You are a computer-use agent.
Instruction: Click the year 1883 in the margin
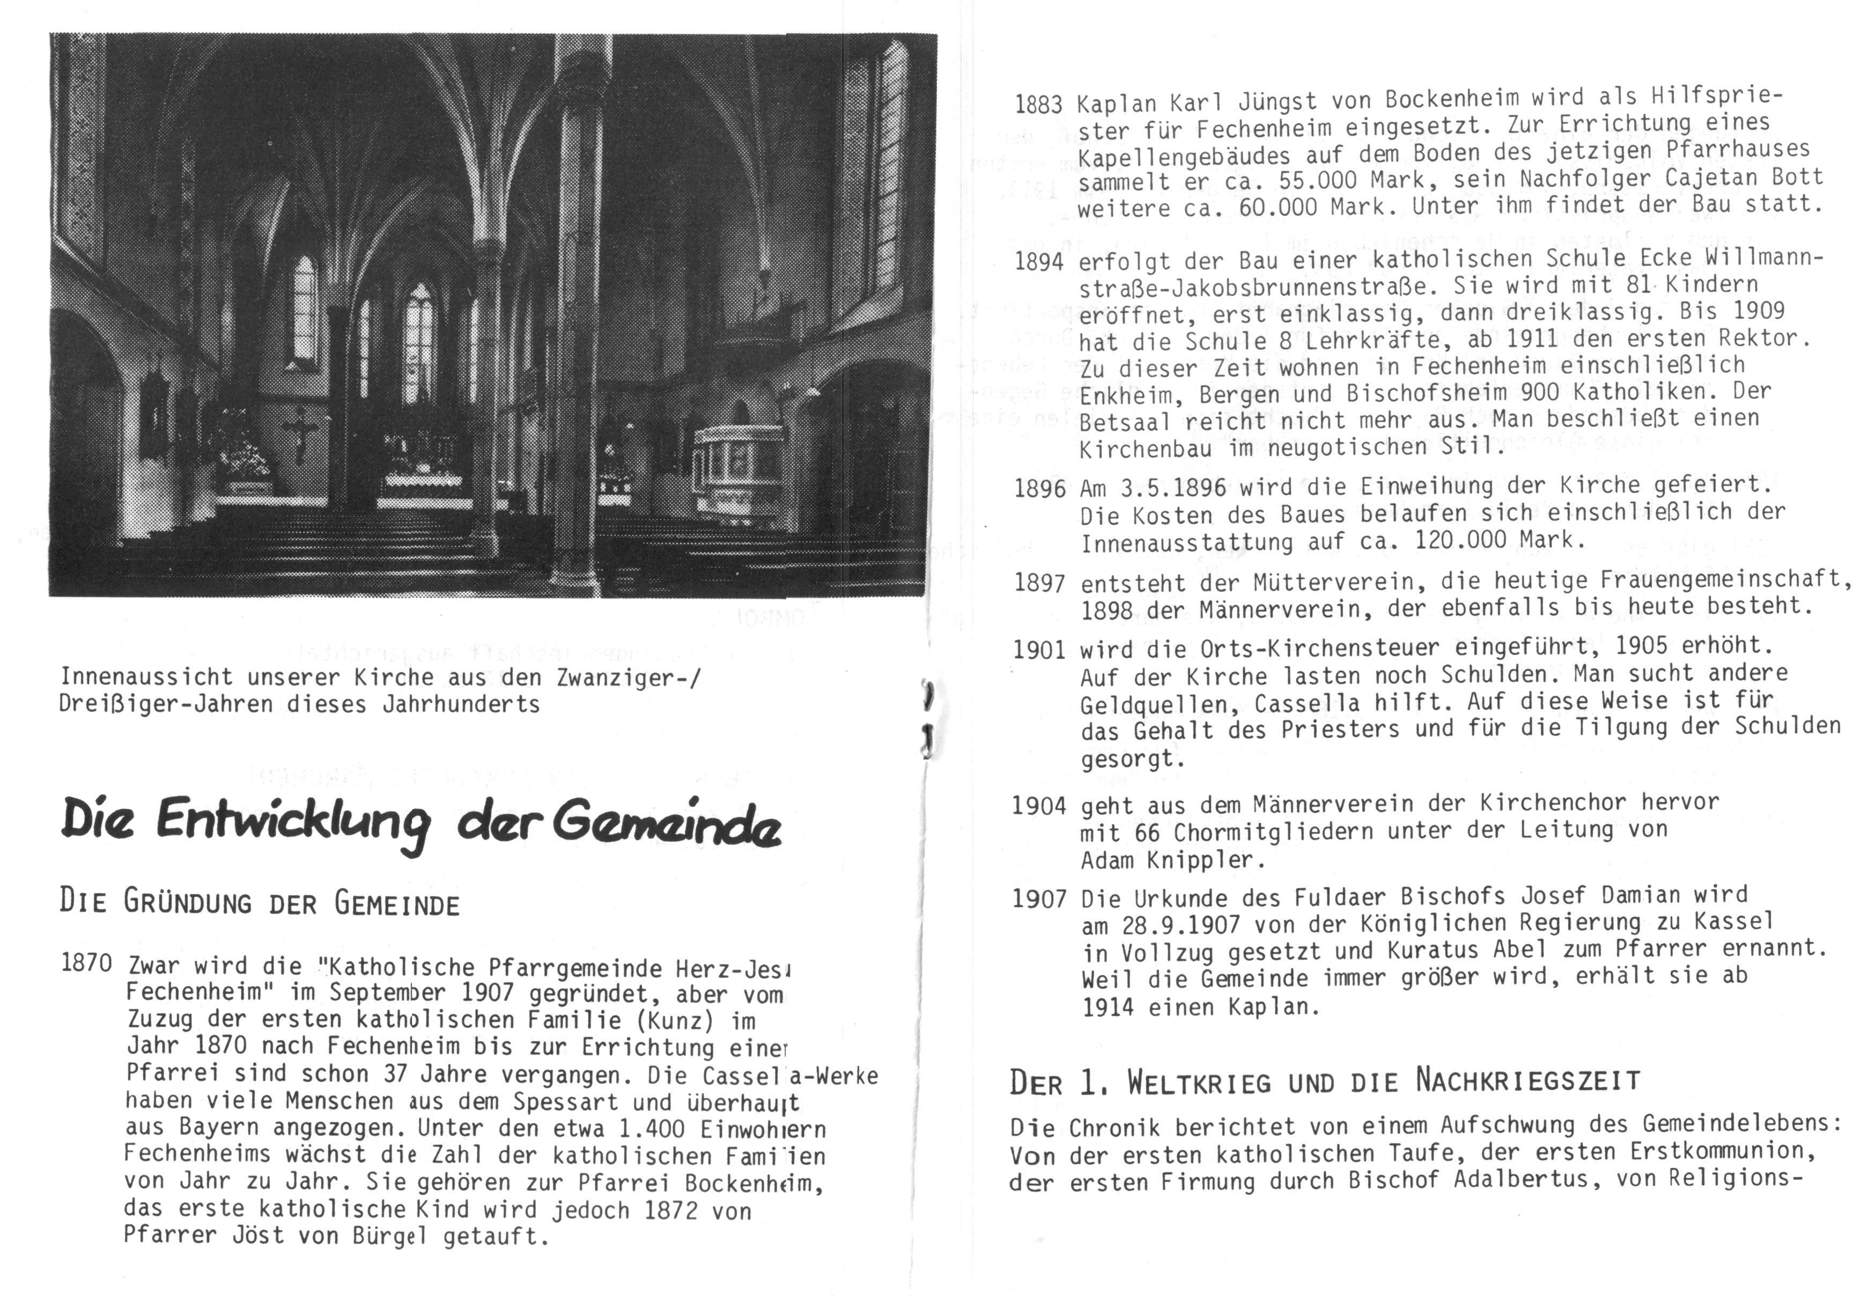(x=1038, y=105)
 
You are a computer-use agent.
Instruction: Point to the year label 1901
(x=1038, y=651)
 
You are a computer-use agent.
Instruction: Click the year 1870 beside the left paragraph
(x=87, y=963)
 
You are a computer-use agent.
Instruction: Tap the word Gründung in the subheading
(x=188, y=904)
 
